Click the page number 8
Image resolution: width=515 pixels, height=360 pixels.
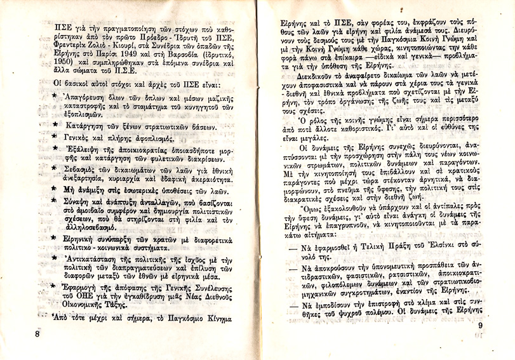tap(38, 333)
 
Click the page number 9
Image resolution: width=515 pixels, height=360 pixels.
tap(480, 326)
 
